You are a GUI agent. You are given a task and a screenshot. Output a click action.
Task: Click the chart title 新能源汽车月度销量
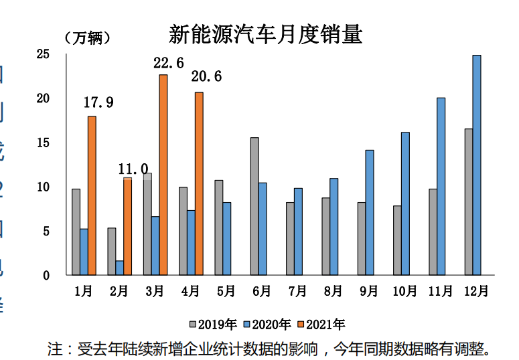[x=265, y=34]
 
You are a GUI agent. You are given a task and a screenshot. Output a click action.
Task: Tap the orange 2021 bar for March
[x=163, y=175]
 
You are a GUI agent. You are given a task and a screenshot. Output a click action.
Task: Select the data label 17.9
[x=98, y=102]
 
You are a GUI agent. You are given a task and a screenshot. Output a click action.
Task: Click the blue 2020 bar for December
[x=476, y=165]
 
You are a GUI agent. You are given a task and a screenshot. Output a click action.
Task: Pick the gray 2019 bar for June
[x=254, y=206]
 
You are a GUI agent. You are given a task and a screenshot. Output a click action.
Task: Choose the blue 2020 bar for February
[x=119, y=268]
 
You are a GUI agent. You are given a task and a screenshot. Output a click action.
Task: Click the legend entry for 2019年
[x=214, y=325]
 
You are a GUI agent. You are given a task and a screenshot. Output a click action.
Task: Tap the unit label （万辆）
[x=88, y=37]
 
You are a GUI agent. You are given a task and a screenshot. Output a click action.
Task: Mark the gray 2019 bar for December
[x=468, y=201]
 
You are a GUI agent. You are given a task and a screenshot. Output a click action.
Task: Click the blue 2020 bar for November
[x=441, y=186]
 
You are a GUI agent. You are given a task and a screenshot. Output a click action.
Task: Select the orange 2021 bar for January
[x=92, y=195]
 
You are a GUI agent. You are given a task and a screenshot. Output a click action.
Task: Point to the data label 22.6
[x=169, y=63]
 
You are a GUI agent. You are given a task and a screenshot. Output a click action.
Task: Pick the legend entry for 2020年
[x=267, y=325]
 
